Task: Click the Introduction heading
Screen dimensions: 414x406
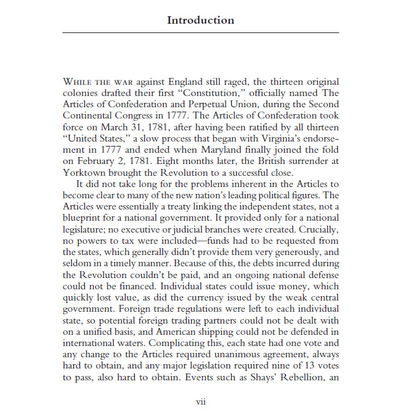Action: (x=201, y=20)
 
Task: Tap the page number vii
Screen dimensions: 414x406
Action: (x=201, y=402)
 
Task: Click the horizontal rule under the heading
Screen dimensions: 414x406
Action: (x=201, y=32)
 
